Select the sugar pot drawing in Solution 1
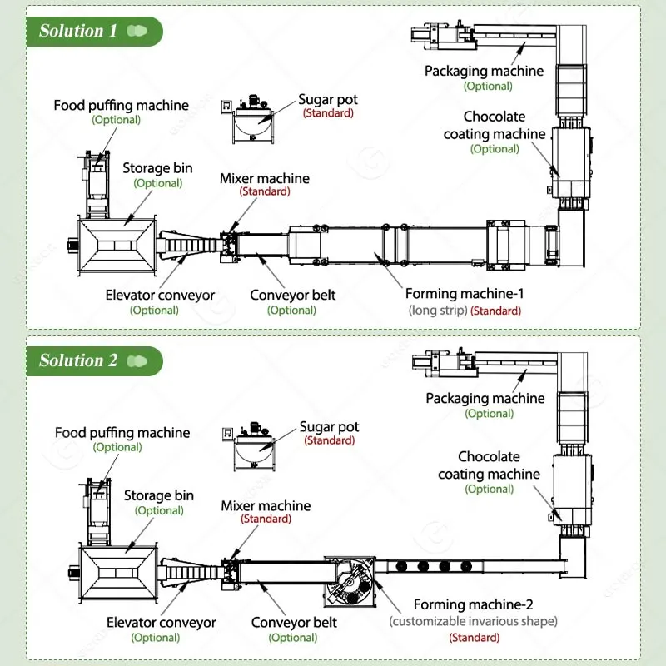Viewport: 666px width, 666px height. pyautogui.click(x=249, y=120)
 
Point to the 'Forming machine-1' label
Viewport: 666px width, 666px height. pyautogui.click(x=464, y=294)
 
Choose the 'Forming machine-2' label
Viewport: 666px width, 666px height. pyautogui.click(x=474, y=605)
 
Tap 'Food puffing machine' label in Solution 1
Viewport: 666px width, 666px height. pyautogui.click(x=122, y=106)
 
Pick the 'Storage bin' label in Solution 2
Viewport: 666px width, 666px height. pyautogui.click(x=159, y=496)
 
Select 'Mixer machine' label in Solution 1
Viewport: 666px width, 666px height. pyautogui.click(x=265, y=178)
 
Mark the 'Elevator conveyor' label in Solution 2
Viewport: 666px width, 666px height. pyautogui.click(x=162, y=623)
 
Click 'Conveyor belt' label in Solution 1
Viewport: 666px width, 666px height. pyautogui.click(x=292, y=295)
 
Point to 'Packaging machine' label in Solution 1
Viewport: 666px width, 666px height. pyautogui.click(x=484, y=72)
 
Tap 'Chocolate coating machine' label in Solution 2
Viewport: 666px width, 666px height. pyautogui.click(x=490, y=465)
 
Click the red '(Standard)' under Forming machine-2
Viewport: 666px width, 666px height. pyautogui.click(x=475, y=638)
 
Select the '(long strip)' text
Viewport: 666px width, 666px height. pyautogui.click(x=437, y=311)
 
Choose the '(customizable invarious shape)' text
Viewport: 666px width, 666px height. pyautogui.click(x=474, y=621)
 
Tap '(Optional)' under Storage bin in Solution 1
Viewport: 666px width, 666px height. pyautogui.click(x=158, y=183)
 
